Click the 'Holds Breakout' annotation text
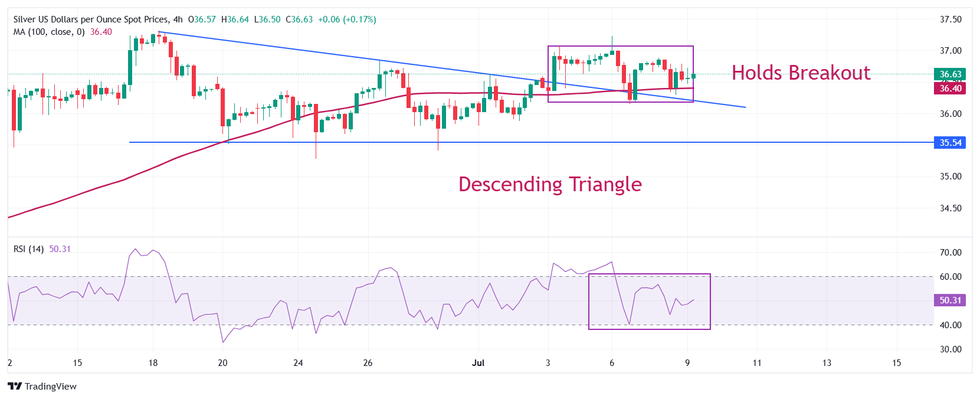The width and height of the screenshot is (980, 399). (x=801, y=73)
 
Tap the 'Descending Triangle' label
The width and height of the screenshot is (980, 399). (x=550, y=184)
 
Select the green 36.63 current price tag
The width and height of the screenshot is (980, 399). (x=950, y=74)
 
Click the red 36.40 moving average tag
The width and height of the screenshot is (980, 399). (x=950, y=89)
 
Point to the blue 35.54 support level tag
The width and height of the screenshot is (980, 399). (x=950, y=143)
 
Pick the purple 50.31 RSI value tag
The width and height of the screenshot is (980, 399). (x=950, y=300)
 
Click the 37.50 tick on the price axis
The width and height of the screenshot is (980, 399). (x=950, y=19)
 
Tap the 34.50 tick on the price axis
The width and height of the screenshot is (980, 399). (x=950, y=208)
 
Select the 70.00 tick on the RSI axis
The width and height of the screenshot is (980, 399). (x=950, y=253)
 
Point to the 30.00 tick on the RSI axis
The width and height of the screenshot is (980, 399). (x=950, y=349)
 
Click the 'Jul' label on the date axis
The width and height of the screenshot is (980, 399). (x=478, y=363)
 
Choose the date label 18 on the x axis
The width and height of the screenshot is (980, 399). (x=153, y=363)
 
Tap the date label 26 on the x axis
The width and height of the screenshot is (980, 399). (x=368, y=363)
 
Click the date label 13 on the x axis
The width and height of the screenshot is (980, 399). (x=827, y=363)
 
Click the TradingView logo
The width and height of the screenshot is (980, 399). (x=42, y=387)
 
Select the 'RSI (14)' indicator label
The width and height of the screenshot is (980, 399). (x=28, y=249)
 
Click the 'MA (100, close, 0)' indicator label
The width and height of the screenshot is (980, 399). (x=49, y=32)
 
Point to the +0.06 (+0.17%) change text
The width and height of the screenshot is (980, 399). (x=347, y=19)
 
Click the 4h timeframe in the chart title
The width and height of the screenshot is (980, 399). (x=178, y=19)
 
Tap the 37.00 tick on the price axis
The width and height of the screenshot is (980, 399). (x=950, y=51)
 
